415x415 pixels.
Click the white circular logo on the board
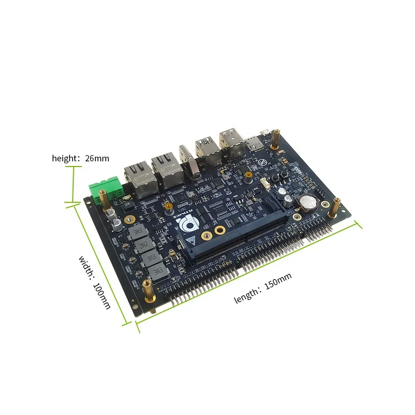click(185, 224)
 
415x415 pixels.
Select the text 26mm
click(98, 158)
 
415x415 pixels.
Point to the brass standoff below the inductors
click(148, 290)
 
